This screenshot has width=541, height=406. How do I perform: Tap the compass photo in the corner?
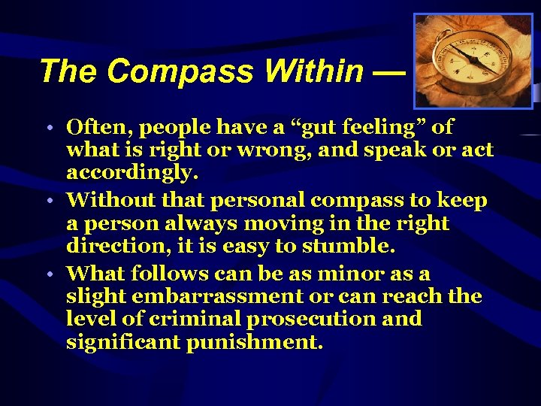pyautogui.click(x=473, y=62)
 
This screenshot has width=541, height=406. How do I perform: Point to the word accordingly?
pyautogui.click(x=132, y=174)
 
